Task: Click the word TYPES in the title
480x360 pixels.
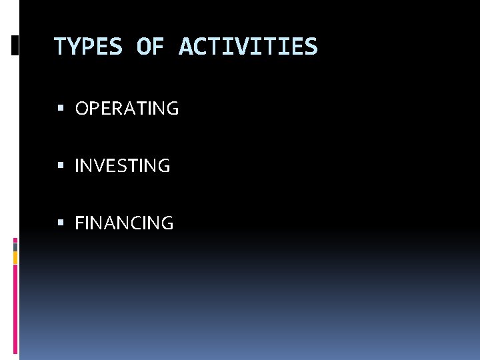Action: point(88,47)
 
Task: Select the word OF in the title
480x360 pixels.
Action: point(151,47)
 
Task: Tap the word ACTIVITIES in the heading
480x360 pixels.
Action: point(248,47)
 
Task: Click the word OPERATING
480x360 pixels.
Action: point(127,109)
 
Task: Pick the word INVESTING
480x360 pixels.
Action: point(123,166)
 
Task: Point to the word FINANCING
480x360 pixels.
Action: point(124,223)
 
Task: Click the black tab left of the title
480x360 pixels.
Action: point(15,45)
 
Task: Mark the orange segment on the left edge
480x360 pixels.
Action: point(15,257)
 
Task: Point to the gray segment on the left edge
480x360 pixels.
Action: point(15,247)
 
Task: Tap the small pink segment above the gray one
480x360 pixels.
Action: point(15,239)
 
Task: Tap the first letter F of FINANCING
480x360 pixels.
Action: point(80,223)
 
